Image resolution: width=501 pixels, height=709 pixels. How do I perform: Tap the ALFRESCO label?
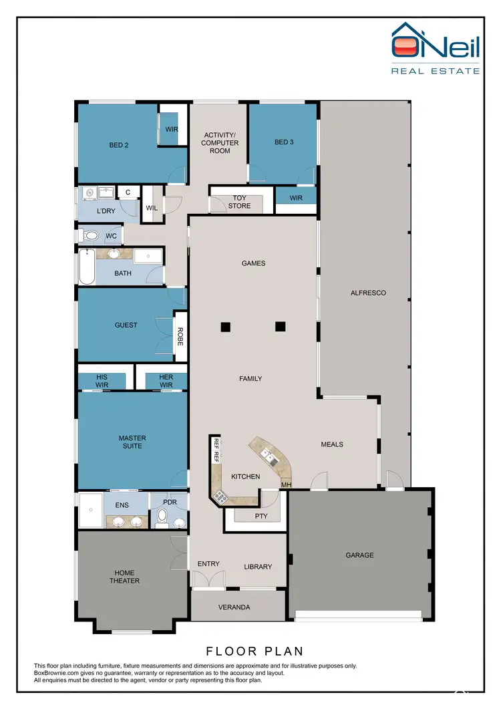(x=368, y=293)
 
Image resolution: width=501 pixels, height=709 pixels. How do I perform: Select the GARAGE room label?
(x=359, y=555)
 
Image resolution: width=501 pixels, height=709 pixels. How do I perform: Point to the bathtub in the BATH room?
(x=86, y=267)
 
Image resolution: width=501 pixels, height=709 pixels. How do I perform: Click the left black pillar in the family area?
(x=226, y=327)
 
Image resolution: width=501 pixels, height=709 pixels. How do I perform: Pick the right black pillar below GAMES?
(x=281, y=327)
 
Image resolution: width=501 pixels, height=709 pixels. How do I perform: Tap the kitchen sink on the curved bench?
(x=269, y=456)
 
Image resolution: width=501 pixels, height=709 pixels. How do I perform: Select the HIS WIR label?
(x=102, y=381)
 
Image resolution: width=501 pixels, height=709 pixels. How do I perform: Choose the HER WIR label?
(x=166, y=381)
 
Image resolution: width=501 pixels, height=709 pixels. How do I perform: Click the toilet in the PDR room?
(x=162, y=517)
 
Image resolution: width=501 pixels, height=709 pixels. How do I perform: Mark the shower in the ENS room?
(x=90, y=511)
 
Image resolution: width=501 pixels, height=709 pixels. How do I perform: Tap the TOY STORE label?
(x=240, y=202)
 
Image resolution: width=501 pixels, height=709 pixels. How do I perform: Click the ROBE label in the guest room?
(x=180, y=332)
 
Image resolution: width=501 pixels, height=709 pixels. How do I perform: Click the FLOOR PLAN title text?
(x=254, y=650)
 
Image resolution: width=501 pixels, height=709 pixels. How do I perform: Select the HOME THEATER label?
(x=124, y=577)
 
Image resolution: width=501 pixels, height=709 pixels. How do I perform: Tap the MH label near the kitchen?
(x=285, y=484)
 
